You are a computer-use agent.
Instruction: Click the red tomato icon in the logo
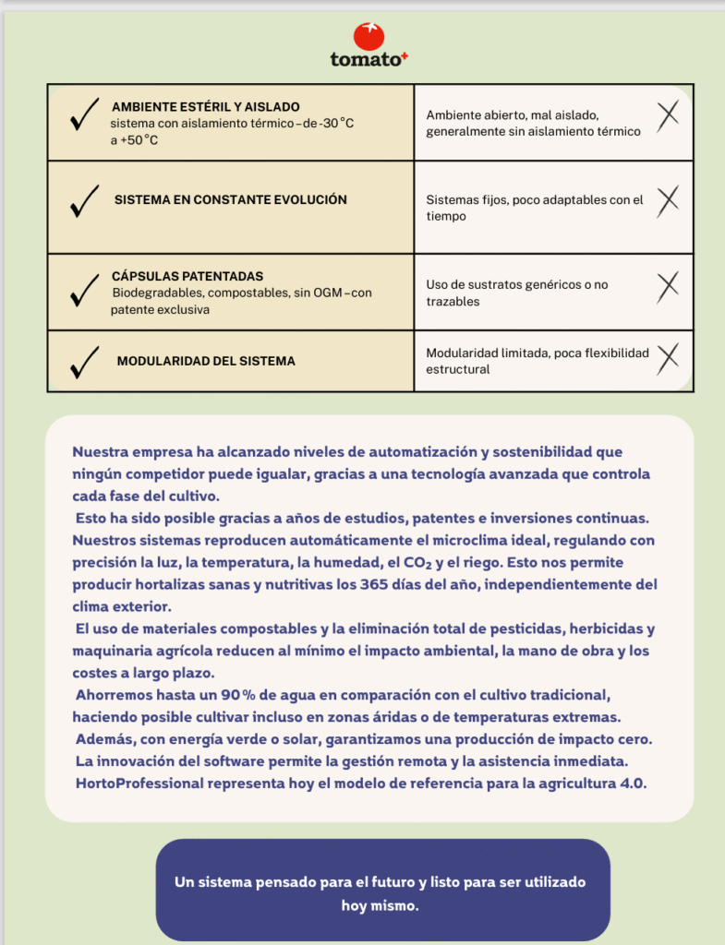(369, 36)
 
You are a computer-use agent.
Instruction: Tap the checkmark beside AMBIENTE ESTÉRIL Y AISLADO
(84, 118)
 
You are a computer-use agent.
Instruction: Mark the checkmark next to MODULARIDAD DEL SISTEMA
(84, 363)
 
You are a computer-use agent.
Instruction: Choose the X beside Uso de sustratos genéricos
(668, 288)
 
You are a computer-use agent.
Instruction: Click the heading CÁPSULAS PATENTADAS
(187, 276)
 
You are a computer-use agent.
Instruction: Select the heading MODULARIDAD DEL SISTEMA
(206, 361)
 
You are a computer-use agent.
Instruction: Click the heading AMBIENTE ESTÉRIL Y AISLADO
(205, 107)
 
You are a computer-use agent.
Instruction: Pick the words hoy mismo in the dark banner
(380, 905)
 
